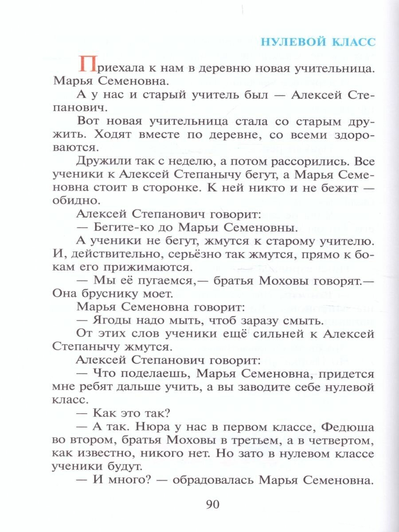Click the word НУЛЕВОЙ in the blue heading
pos(292,42)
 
